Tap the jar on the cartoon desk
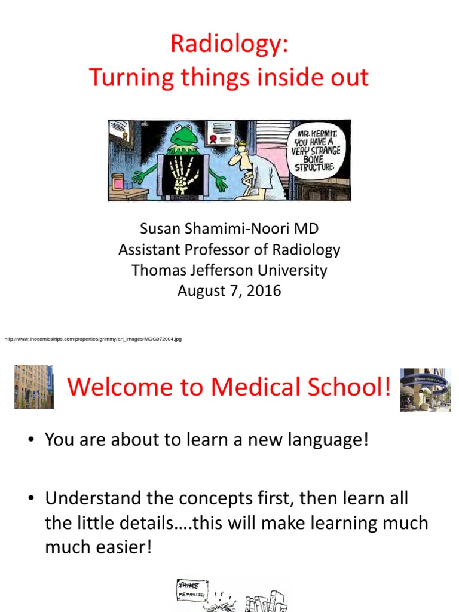[118, 182]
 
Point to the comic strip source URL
[93, 339]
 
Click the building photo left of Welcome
[34, 386]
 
